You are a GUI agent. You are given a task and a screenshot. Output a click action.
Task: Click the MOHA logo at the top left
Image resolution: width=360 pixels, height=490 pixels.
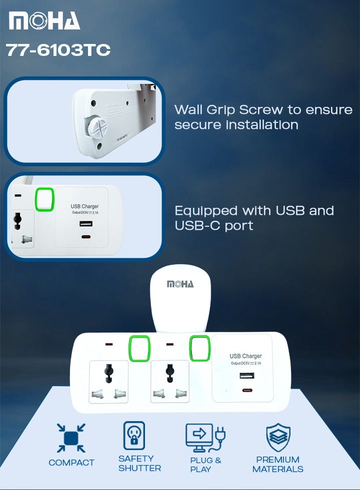pos(44,21)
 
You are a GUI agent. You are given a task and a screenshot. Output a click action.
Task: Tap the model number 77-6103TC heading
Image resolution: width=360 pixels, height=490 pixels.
pos(58,50)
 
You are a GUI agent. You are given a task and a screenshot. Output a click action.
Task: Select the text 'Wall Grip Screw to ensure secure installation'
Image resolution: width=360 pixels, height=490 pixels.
pos(263,117)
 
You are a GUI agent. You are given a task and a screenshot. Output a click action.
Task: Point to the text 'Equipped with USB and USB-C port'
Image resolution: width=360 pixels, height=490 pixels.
pos(254,218)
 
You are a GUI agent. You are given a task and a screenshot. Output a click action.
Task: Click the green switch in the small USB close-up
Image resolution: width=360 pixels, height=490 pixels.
pos(44,200)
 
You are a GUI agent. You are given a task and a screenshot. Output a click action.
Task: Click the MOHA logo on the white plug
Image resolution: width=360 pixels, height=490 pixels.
pos(180,284)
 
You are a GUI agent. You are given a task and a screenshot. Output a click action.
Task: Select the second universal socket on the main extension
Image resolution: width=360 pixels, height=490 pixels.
pos(170,382)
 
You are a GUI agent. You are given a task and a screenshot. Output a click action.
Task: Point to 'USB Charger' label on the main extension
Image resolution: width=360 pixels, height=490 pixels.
pos(245,356)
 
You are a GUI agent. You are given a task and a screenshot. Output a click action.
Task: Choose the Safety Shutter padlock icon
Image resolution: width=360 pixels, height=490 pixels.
pos(134,436)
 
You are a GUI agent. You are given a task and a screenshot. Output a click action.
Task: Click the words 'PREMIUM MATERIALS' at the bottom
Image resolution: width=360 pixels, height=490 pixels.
pos(278,464)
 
